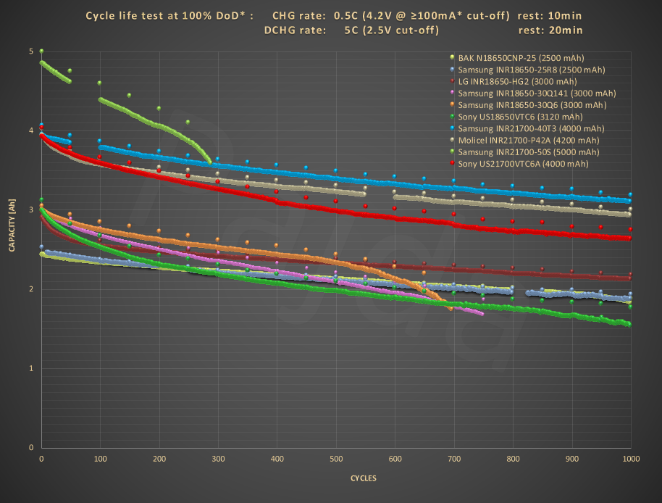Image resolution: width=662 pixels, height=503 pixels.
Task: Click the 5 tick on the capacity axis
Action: tap(30, 51)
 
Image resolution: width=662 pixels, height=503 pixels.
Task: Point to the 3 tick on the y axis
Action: tap(30, 210)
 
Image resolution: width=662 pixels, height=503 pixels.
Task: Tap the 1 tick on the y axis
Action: tap(30, 368)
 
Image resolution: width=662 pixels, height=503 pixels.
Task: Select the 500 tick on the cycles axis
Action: tap(336, 460)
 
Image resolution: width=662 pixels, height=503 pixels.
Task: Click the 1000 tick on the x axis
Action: tap(631, 460)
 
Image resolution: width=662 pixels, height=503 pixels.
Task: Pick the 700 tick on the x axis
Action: tap(454, 460)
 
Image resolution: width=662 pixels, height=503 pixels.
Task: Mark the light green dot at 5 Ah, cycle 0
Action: tap(42, 51)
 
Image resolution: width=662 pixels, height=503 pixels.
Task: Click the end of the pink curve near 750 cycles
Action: tap(481, 313)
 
